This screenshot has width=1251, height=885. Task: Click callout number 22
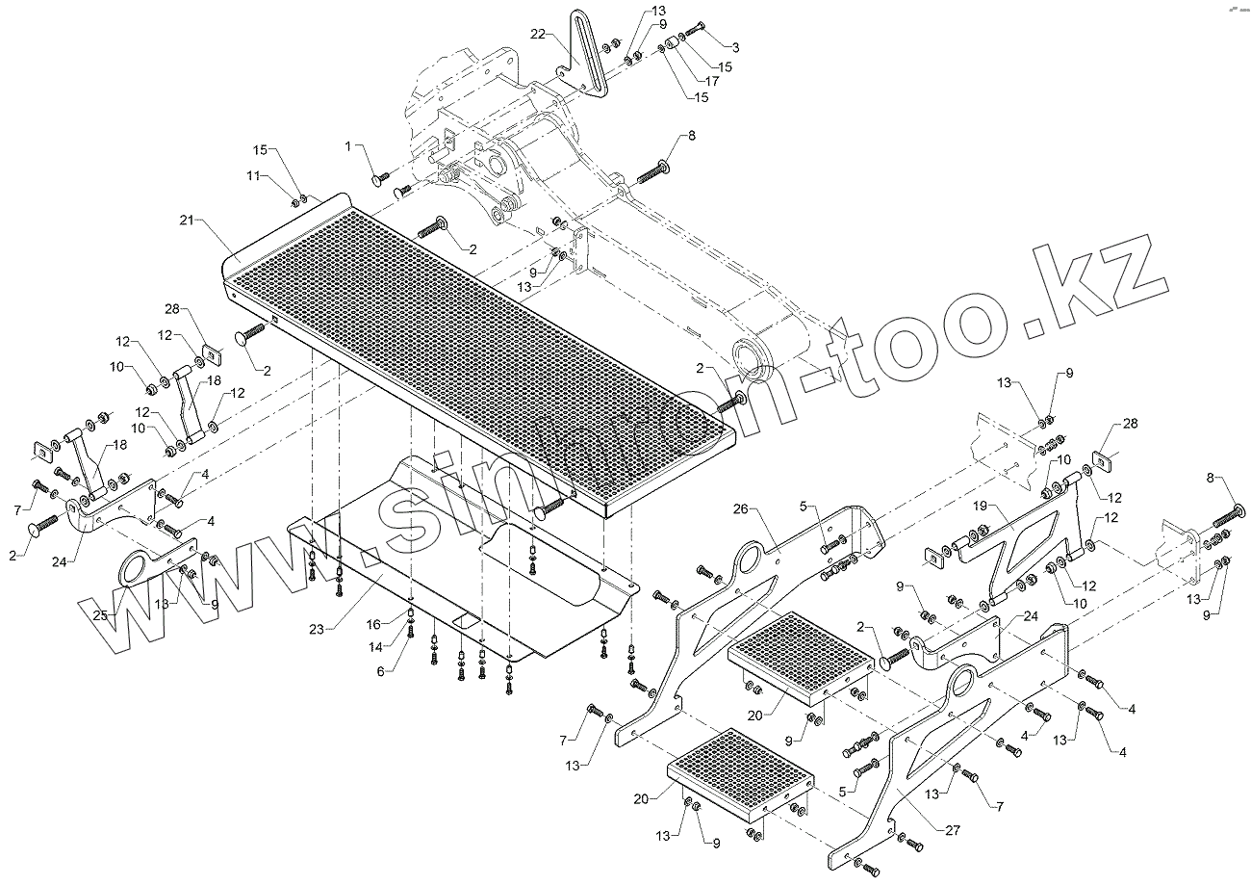(538, 34)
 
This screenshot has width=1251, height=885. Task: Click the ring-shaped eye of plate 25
(136, 568)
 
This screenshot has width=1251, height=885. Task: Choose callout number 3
(735, 47)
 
